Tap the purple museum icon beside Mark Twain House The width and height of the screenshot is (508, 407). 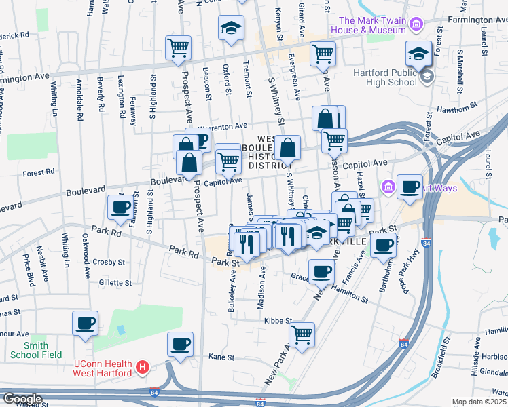tap(416, 26)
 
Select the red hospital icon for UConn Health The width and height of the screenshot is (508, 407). tap(142, 368)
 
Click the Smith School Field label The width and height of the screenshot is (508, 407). tap(35, 349)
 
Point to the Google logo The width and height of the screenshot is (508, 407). tap(22, 399)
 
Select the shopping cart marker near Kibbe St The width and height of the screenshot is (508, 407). tap(302, 334)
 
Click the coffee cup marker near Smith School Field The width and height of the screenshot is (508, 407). tap(86, 323)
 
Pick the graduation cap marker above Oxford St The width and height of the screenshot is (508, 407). tap(231, 28)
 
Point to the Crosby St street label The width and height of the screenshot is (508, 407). tap(110, 262)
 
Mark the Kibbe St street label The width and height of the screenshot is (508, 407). tap(278, 320)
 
